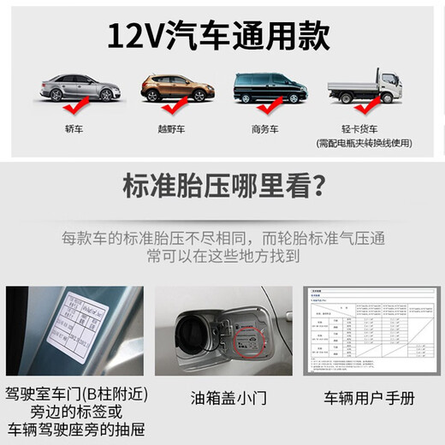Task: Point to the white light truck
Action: point(365,86)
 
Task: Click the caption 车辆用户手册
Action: point(371,397)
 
